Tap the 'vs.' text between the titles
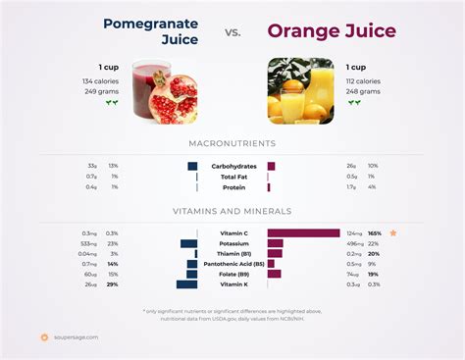coord(233,31)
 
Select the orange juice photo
coord(300,91)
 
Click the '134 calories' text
coord(101,80)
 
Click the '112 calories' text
coord(363,80)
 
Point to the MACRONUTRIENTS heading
coord(232,143)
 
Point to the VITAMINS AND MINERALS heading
coord(232,211)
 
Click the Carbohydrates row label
coord(233,166)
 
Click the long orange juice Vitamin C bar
coord(303,233)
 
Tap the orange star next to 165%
coord(393,233)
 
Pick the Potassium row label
coord(233,243)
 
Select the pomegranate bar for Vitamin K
coord(186,284)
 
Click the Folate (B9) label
coord(235,274)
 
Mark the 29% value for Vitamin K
coord(113,284)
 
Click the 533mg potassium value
coord(88,243)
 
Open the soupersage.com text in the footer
coord(76,337)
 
